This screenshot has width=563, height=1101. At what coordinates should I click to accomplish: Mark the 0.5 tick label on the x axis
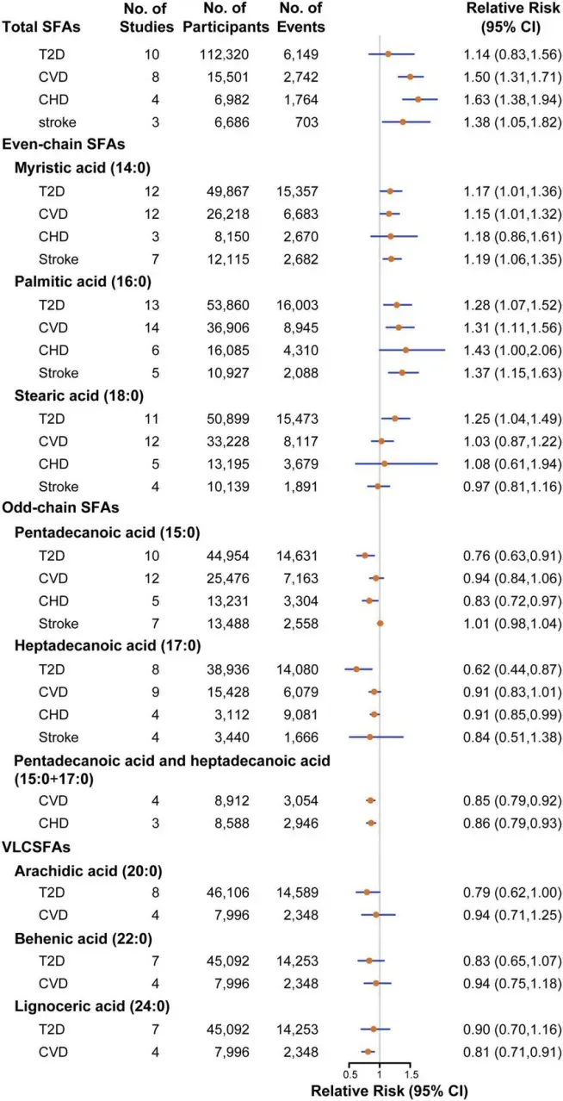point(350,1073)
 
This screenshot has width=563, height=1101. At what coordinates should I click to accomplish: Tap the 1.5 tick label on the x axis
point(411,1073)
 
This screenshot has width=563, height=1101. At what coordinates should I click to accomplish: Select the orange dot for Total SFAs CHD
point(418,99)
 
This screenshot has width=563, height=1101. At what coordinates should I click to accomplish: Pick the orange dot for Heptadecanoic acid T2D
point(356,669)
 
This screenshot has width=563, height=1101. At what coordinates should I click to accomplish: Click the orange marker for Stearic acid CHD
point(385,463)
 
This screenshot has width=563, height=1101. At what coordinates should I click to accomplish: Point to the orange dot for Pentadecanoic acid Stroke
point(380,623)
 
